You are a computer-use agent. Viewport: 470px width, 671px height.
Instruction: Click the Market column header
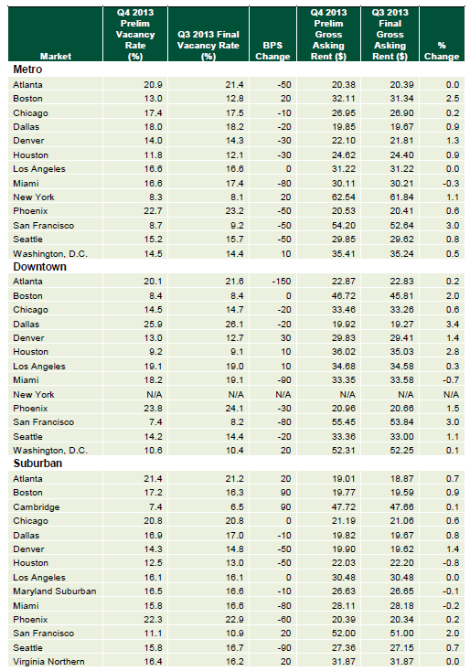pos(56,57)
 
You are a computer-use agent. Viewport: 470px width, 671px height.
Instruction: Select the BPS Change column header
pos(272,51)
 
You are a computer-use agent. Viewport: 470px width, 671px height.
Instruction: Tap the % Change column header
pos(442,51)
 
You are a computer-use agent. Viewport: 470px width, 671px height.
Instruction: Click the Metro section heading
pos(27,69)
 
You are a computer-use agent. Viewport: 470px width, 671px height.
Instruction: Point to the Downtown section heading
pos(40,267)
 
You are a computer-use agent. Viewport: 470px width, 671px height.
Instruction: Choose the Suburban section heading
pos(37,463)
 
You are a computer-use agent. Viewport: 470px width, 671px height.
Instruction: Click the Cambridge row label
pos(37,507)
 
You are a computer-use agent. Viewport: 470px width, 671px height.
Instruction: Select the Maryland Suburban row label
pos(55,591)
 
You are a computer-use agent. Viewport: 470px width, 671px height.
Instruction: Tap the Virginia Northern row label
pos(48,662)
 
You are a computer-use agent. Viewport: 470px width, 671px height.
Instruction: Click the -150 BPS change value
pos(282,282)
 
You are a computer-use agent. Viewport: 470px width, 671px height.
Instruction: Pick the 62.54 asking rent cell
pos(343,197)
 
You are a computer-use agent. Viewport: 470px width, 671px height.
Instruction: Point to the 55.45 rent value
pos(343,422)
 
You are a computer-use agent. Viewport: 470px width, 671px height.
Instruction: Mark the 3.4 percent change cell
pos(453,324)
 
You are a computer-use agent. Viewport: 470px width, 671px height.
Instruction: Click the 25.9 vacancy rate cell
pos(154,324)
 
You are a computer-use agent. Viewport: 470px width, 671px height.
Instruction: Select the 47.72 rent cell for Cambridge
pos(343,507)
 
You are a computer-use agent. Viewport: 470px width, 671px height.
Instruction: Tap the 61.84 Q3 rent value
pos(402,197)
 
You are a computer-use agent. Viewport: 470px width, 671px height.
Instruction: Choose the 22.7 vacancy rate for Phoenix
pos(154,211)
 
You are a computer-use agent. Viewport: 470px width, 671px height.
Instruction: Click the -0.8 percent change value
pos(451,563)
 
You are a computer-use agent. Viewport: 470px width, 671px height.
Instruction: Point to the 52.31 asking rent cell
pos(343,451)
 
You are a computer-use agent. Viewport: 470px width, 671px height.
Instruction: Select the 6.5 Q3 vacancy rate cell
pos(237,507)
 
